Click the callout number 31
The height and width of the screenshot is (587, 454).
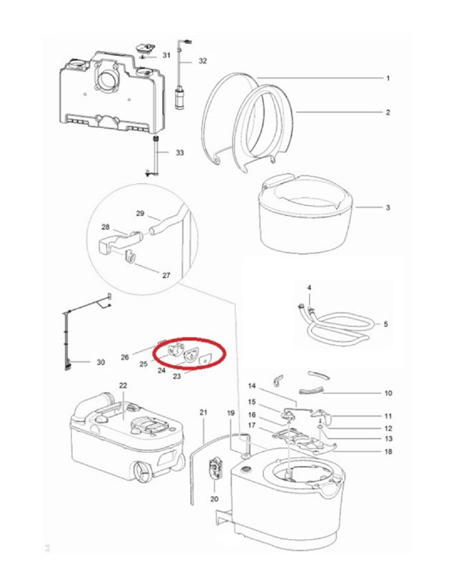pos(166,55)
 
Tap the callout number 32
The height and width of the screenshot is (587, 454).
pos(203,61)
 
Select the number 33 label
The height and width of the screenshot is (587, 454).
pos(180,153)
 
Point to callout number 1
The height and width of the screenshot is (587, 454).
pos(388,78)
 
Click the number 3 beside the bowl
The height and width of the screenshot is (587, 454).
pos(388,208)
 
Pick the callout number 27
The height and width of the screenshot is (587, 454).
pos(166,275)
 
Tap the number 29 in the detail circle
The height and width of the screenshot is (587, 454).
pos(140,213)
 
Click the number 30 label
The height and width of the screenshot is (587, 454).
pos(101,362)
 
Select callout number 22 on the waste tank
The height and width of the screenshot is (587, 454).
pos(123,386)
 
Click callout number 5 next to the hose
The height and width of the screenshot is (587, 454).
pos(385,324)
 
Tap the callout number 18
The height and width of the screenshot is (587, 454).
pos(388,451)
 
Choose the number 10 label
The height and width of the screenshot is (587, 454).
pos(388,393)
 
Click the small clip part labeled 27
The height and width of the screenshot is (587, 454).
pos(130,256)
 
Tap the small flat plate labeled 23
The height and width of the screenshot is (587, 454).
pos(205,359)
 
